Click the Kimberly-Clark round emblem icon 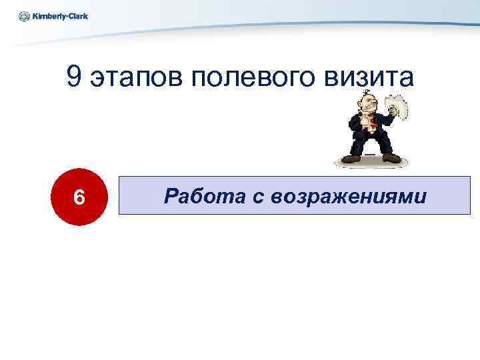click(x=24, y=16)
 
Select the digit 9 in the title click(x=74, y=78)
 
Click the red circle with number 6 click(x=79, y=197)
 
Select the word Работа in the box click(x=195, y=195)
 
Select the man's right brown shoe click(x=391, y=157)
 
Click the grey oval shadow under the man click(x=370, y=164)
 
